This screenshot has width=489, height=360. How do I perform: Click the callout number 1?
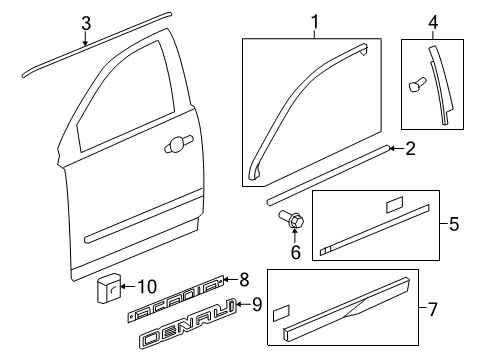pos(313,21)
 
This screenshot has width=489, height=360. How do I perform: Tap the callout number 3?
pos(86,23)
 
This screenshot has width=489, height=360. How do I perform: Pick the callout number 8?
pos(242,279)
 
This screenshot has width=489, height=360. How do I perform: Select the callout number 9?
pos(256,304)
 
